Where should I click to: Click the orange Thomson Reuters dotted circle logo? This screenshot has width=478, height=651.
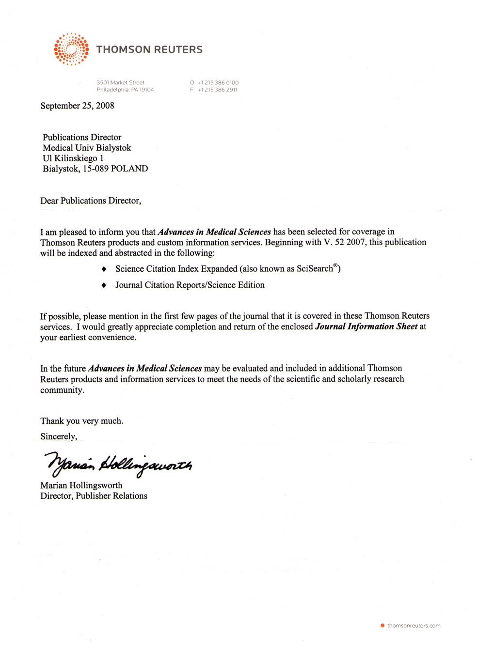[x=71, y=49]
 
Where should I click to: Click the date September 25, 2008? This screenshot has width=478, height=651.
[x=77, y=106]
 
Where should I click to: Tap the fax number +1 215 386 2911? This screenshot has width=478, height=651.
[x=217, y=90]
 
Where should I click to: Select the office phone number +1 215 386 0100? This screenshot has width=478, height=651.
[x=218, y=82]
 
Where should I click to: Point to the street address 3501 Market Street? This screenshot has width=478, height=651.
[x=120, y=82]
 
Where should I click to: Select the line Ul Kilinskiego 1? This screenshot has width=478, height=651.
[x=73, y=158]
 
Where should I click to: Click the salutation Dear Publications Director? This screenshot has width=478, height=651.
[x=90, y=201]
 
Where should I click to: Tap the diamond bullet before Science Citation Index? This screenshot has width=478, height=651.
[x=104, y=269]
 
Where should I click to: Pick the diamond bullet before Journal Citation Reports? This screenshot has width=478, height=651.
[x=104, y=285]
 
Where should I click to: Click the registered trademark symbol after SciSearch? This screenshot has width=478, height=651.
[x=335, y=265]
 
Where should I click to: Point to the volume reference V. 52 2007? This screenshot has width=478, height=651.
[x=344, y=242]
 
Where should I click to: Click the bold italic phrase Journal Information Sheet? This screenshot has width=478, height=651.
[x=366, y=326]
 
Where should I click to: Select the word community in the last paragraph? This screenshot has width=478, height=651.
[x=62, y=390]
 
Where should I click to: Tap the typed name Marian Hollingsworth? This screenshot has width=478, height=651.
[x=81, y=485]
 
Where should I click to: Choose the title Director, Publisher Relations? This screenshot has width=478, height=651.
[x=94, y=496]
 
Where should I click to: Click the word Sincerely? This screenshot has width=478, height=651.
[x=58, y=436]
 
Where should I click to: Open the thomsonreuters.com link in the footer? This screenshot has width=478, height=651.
[x=414, y=626]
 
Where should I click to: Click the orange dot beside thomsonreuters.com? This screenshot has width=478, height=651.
[x=382, y=626]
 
